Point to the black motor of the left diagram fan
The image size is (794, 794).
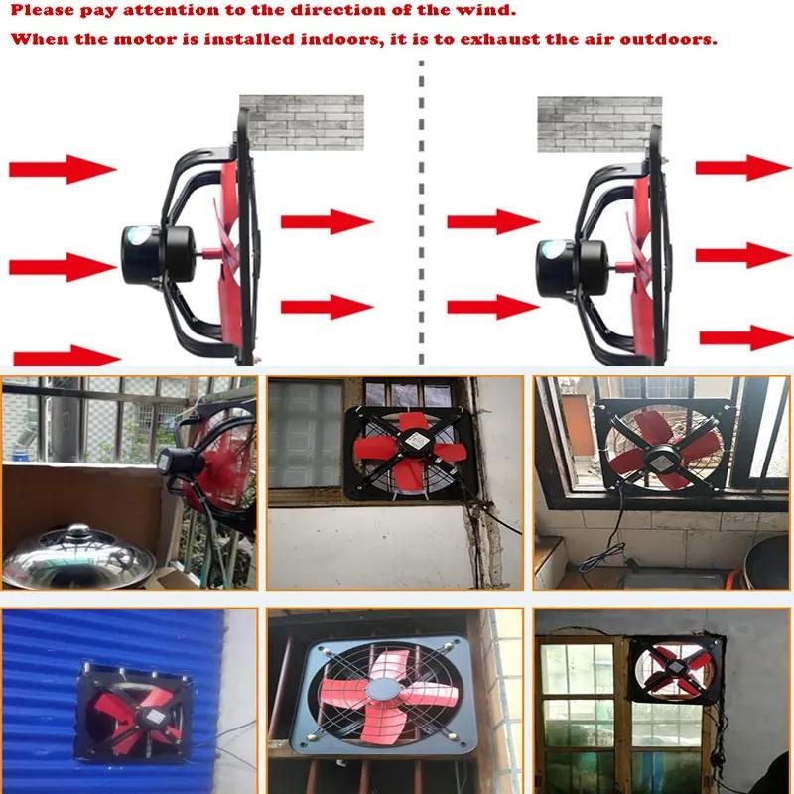point(157,255)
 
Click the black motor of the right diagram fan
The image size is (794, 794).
point(573,268)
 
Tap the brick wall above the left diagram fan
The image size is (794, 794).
point(302,122)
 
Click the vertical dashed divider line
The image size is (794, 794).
point(421,212)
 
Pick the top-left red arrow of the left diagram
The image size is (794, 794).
point(63,169)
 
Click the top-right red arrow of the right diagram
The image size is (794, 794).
point(742,168)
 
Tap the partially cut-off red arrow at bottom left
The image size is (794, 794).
point(66,356)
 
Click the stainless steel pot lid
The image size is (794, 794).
point(78,557)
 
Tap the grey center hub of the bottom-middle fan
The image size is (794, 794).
point(383,689)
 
